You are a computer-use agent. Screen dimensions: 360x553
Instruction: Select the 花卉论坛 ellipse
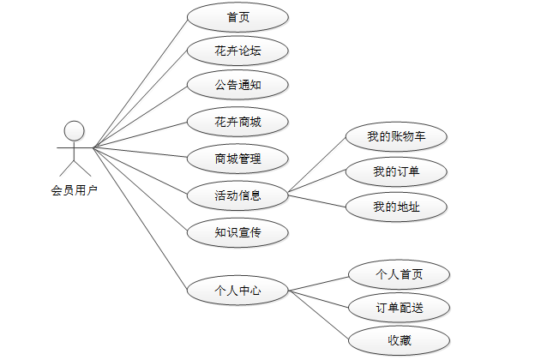pos(237,51)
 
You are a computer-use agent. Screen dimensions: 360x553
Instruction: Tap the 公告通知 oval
pos(237,86)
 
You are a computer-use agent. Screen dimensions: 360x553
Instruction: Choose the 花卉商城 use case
pos(237,123)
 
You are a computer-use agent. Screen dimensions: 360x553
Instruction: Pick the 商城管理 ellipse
pos(237,159)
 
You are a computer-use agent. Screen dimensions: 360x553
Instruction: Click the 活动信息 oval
pos(237,195)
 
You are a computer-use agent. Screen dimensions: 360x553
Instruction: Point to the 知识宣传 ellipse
pos(237,231)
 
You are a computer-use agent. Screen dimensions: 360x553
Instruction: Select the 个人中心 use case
pos(237,291)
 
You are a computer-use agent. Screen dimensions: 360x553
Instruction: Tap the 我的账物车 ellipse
pos(396,136)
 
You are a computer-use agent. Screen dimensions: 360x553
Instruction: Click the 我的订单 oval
pos(396,171)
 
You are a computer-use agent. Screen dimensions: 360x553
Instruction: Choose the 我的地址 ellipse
pos(396,207)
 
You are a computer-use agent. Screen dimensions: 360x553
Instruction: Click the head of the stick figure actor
pos(75,131)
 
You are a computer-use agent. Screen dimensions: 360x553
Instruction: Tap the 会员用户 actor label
pos(75,190)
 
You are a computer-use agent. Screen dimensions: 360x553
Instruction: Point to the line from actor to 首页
pos(141,81)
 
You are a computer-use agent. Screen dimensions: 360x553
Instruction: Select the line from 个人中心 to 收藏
pos(319,315)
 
